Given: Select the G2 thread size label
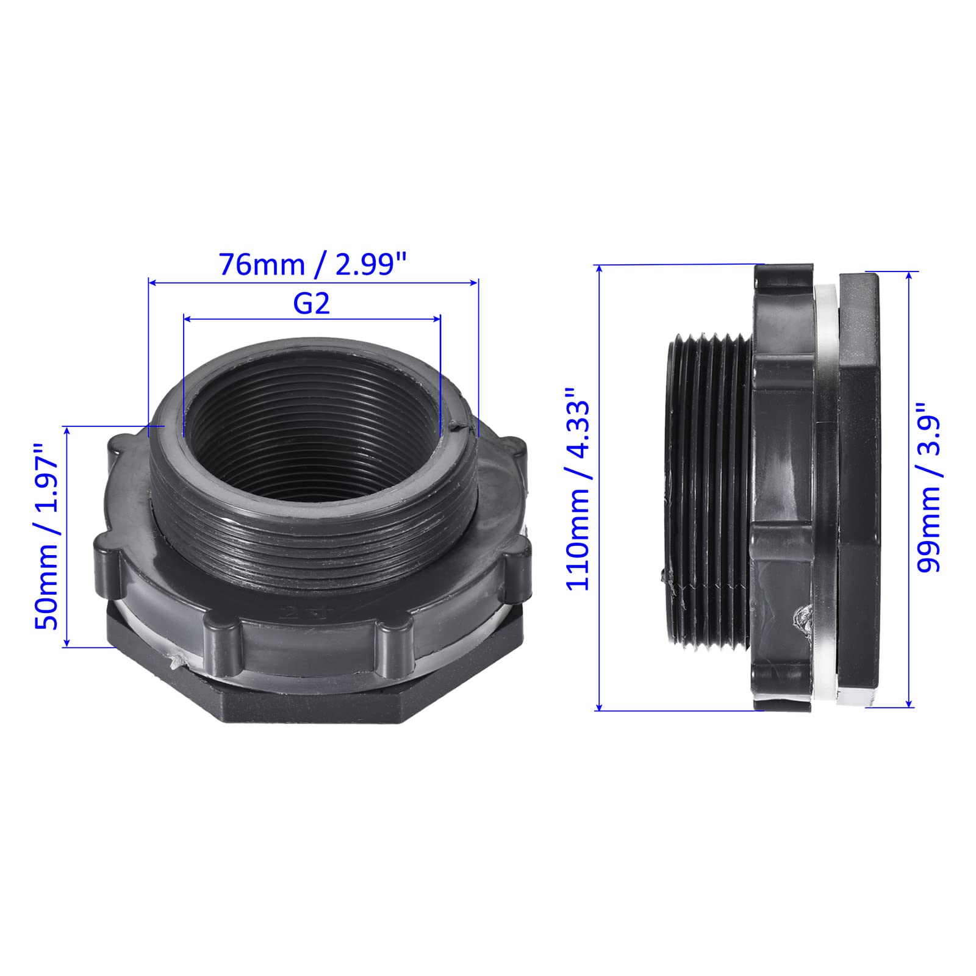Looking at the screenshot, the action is click(312, 303).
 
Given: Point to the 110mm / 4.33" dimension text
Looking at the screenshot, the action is click(578, 487).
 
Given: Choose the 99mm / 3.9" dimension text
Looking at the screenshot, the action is click(930, 486).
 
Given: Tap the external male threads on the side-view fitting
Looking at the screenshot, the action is click(708, 488).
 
